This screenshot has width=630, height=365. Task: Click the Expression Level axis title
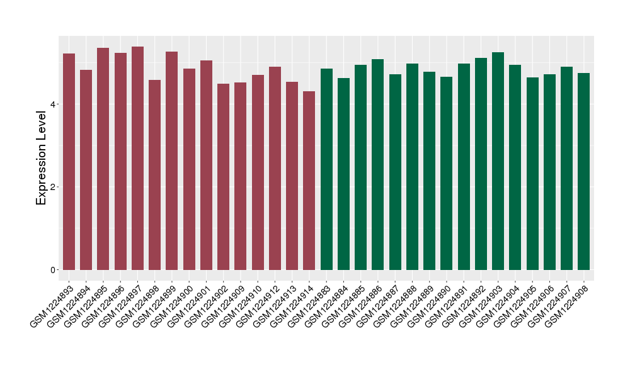[x=42, y=157]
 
